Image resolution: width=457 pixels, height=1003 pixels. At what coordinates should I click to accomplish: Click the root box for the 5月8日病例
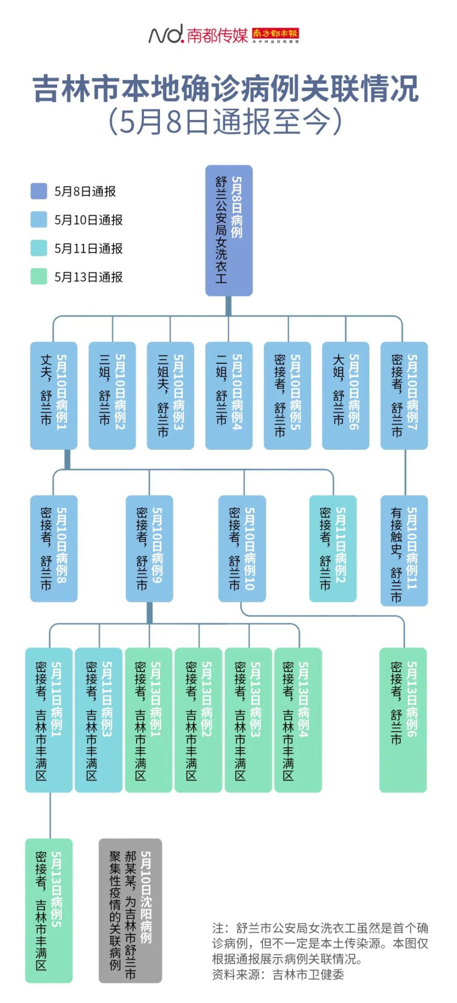228,230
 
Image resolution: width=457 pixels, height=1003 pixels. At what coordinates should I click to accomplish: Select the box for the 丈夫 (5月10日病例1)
53,395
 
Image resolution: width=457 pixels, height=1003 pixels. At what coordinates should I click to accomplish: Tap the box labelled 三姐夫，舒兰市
170,395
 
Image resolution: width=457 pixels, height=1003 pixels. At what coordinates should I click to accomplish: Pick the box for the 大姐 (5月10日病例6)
345,395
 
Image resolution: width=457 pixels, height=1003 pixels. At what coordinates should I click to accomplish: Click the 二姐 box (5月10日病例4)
228,395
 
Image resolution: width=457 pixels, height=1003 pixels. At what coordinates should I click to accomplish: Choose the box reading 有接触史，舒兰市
404,550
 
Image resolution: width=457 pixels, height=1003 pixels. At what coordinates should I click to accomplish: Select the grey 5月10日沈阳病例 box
130,910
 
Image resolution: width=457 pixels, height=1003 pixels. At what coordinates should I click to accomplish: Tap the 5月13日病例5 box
48,910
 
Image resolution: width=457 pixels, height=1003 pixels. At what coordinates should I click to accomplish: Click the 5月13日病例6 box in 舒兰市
403,720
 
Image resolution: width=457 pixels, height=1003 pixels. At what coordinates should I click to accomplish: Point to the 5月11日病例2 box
333,548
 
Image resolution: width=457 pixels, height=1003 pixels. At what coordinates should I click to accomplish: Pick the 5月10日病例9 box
149,548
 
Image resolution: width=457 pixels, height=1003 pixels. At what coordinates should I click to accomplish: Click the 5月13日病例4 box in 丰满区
298,720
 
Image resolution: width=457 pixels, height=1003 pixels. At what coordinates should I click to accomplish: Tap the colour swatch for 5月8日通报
39,192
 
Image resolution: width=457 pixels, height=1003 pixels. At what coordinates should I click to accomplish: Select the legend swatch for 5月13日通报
39,277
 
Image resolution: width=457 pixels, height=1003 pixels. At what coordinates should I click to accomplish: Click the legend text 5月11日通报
88,249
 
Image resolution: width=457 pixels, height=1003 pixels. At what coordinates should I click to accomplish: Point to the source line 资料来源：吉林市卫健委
277,974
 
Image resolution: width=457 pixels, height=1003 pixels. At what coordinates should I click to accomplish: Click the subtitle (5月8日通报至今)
225,122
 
